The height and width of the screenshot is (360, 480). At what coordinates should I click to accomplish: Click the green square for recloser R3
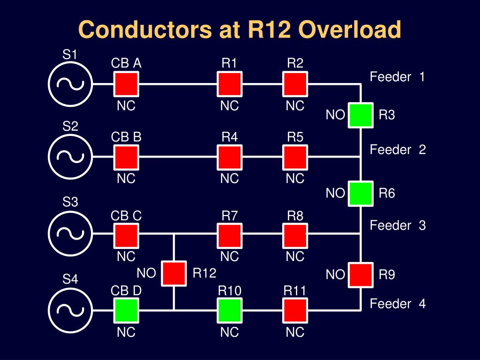coord(360,115)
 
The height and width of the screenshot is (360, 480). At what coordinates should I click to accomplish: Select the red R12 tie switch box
coord(174,273)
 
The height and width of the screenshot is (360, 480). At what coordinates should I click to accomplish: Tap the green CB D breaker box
coord(126,310)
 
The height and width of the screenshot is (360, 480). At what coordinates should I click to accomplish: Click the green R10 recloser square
coord(230,310)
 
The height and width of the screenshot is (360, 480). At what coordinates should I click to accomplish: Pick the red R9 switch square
coord(360,275)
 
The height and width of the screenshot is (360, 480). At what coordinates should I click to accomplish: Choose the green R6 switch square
coord(360,194)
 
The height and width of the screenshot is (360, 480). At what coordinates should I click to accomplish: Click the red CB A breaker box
coord(126,84)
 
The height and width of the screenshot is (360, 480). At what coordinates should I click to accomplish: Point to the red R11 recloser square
coord(295,310)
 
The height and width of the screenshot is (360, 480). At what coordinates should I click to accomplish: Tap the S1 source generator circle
coord(70,84)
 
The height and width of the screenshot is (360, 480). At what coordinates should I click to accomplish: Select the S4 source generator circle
coord(70,310)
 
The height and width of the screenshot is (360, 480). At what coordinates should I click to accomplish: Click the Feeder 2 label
coord(397,150)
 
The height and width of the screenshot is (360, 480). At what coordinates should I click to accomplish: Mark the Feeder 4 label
coord(397,304)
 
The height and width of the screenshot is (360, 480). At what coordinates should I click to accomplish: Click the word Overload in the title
coord(350,30)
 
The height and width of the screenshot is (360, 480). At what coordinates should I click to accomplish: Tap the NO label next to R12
coord(146,273)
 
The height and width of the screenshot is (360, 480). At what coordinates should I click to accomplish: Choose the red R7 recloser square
coord(230,235)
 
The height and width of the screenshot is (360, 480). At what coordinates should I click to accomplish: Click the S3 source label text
coord(70,202)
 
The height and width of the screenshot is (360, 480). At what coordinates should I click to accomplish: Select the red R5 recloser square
coord(295,157)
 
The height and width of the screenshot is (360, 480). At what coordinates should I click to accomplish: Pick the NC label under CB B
coord(126,179)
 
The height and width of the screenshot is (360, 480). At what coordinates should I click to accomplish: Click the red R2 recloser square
coord(295,84)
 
